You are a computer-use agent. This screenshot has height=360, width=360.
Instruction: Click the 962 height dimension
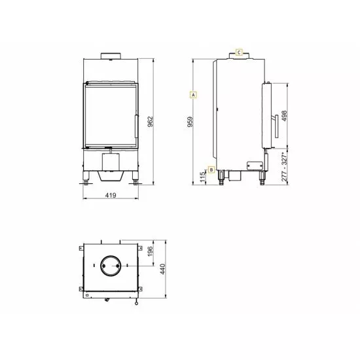150,122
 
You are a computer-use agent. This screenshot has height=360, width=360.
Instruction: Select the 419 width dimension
111,195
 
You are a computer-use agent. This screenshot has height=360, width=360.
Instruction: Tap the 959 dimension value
190,122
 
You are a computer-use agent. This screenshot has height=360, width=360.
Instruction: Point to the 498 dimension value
284,116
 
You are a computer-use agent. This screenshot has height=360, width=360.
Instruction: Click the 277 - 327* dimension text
284,166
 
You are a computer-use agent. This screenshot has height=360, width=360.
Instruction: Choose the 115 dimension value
202,177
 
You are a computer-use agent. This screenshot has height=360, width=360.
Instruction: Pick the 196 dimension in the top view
150,251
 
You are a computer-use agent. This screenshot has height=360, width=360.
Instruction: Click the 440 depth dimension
162,269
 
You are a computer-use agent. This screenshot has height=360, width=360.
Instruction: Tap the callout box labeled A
193,95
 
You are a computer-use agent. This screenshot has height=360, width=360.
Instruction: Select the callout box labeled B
211,170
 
